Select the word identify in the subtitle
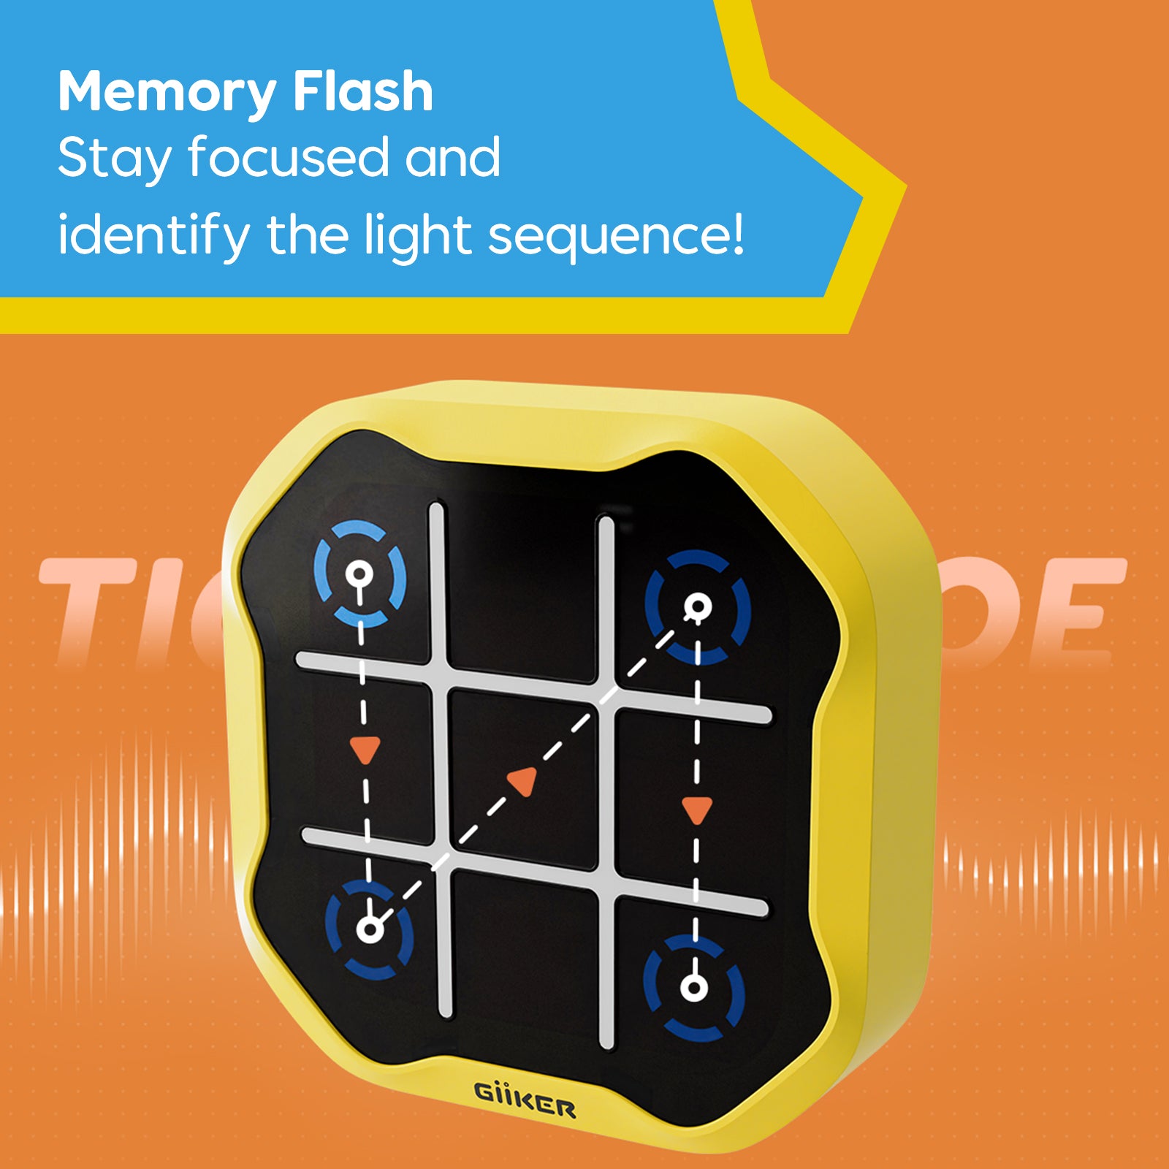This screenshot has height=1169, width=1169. tap(153, 236)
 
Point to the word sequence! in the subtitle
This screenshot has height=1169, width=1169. tap(616, 236)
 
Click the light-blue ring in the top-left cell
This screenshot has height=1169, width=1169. tap(359, 574)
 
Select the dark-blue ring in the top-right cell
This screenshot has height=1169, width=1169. tap(698, 607)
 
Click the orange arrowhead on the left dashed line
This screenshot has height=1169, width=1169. tap(365, 750)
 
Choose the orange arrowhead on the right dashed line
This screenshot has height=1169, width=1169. tap(696, 810)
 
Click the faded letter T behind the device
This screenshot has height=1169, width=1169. tap(88, 610)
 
